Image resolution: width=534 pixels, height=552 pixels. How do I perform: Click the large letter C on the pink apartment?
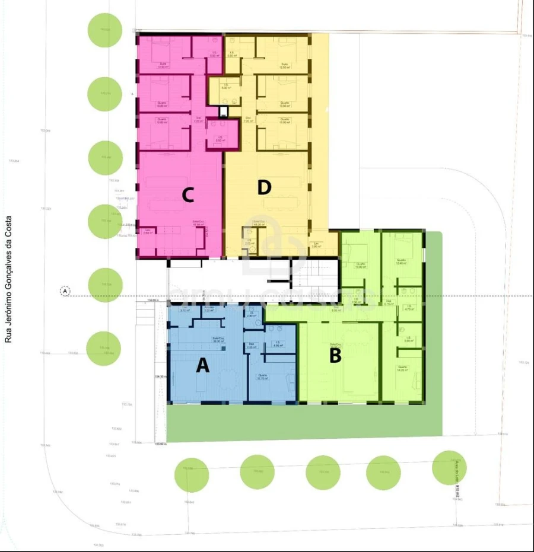(x=187, y=195)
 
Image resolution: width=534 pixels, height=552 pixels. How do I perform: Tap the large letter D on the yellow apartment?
(x=264, y=188)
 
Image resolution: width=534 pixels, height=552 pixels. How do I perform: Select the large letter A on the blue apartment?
(x=203, y=366)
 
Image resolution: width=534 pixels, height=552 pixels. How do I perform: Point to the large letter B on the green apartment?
(x=335, y=356)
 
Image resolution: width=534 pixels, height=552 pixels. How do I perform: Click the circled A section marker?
(x=65, y=291)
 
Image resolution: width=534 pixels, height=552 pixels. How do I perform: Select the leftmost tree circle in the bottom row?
(x=192, y=474)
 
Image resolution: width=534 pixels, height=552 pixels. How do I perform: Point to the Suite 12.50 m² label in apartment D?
(x=285, y=65)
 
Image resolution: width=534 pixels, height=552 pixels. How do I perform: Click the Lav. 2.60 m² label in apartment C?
(x=148, y=232)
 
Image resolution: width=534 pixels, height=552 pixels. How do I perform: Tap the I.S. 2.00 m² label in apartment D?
(x=250, y=242)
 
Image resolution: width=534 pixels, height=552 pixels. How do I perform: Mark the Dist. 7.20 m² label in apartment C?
(x=198, y=119)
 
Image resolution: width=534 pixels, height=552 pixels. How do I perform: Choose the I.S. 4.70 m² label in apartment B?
(x=408, y=308)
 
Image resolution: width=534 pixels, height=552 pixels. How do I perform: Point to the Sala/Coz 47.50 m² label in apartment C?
(x=198, y=225)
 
